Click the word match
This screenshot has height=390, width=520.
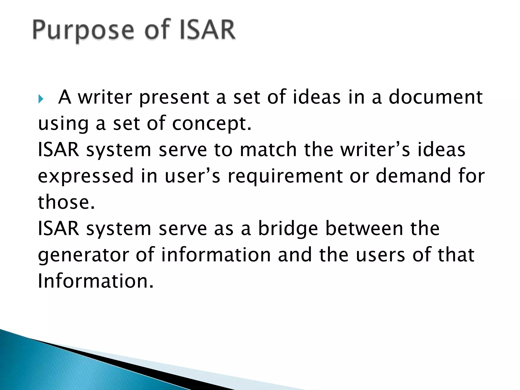pos(268,150)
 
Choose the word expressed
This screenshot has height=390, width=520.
pos(86,176)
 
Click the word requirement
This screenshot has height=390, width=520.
pos(285,176)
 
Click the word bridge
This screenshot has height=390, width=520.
pos(288,229)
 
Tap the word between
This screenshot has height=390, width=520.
pos(364,229)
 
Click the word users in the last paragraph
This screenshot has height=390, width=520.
pos(380,255)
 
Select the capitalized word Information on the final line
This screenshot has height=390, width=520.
pos(96,281)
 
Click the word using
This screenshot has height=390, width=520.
pos(63,124)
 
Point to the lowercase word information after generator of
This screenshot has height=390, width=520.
pos(216,255)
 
